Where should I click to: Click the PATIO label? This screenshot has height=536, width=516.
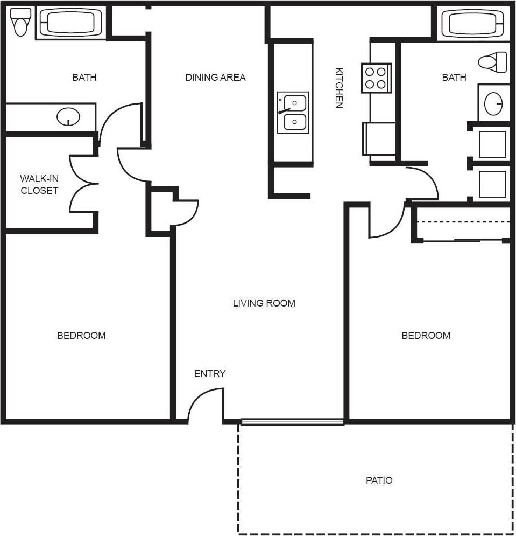point(379,480)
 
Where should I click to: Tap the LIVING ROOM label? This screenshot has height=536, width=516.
point(264,303)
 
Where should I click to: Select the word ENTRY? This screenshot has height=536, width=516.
point(210,374)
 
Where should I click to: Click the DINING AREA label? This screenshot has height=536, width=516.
point(215,78)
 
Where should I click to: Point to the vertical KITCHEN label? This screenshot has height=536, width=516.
point(339,88)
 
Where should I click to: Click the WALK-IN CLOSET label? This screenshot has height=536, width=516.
point(39,184)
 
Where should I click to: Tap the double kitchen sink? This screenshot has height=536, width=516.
point(293,112)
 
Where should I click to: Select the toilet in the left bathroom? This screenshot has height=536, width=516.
point(21,23)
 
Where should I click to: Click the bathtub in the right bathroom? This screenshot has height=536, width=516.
point(472,23)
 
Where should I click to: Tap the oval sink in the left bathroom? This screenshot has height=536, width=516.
point(68,116)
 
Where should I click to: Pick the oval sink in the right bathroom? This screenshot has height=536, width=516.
point(493,103)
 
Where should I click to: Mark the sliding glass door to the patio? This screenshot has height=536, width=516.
point(292,422)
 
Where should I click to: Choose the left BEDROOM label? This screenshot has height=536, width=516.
point(81,336)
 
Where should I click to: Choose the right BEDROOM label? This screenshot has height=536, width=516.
point(426,336)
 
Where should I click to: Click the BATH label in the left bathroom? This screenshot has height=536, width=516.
point(84,78)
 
